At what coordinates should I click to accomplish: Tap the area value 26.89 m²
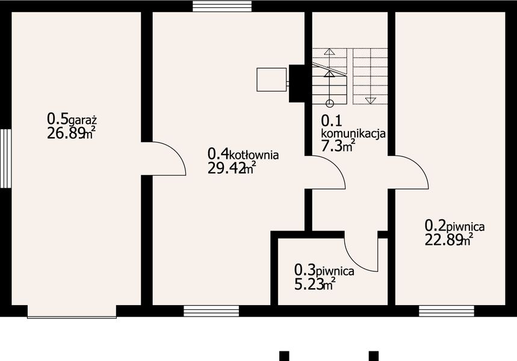coord(71,134)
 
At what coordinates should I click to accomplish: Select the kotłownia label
coord(255,155)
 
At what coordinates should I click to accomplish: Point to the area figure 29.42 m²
coord(232,169)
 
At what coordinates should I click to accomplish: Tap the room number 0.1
coord(330,120)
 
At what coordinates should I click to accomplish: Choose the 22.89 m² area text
coord(448,241)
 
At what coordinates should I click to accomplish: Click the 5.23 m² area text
coord(315,284)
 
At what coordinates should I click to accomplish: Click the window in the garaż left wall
coord(5,158)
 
